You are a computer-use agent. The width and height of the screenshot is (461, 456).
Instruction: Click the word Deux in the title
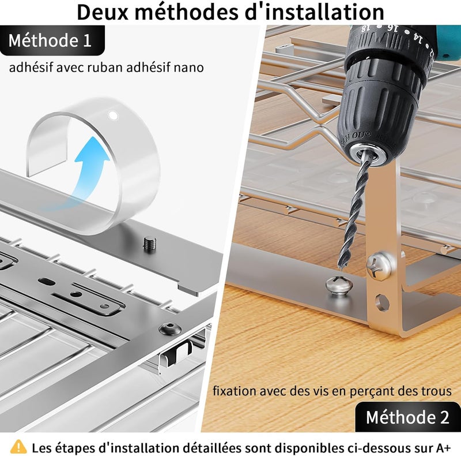click(x=103, y=12)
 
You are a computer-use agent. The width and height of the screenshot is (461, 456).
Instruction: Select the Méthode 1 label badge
click(x=52, y=40)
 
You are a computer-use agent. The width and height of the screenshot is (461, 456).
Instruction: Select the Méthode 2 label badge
click(x=408, y=417)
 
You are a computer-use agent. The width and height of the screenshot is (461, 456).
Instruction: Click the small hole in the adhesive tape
click(x=113, y=115)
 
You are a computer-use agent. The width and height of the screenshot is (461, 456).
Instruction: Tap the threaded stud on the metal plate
click(x=150, y=244)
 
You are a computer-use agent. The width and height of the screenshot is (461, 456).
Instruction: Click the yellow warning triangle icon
click(x=18, y=447)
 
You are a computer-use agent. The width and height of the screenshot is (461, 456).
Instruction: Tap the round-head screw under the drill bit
click(x=339, y=286)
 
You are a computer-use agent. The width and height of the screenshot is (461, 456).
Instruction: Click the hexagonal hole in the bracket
click(x=382, y=302)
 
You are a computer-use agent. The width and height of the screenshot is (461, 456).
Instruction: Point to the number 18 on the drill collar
click(x=364, y=28)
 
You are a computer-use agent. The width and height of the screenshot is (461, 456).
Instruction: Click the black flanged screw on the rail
click(x=170, y=328)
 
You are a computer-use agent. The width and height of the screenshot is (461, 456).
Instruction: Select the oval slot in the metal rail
click(x=47, y=281)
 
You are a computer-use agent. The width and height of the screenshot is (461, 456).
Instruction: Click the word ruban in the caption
click(x=105, y=68)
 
